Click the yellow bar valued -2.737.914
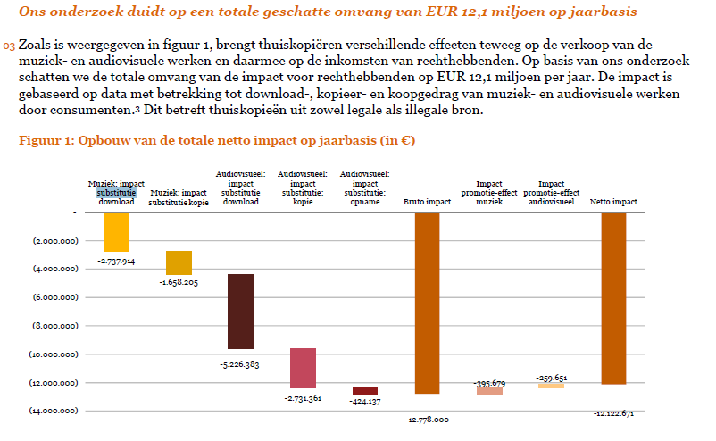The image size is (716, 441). coord(116,232)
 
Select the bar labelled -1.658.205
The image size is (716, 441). coord(179,262)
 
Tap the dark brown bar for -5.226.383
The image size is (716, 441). coord(240,311)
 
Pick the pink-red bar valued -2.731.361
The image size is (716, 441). coord(303,368)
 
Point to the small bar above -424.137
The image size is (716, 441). coord(365,391)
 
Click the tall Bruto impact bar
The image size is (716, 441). coord(427,304)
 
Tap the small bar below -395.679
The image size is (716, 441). coord(489,391)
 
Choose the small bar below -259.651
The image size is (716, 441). coord(551,386)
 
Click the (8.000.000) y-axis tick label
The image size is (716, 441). coord(54,326)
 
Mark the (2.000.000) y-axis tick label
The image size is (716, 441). coord(54,241)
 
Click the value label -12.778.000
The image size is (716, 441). coord(427,419)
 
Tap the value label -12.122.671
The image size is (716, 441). coord(613,413)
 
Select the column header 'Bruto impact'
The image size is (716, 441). coord(427,202)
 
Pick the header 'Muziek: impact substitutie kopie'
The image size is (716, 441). coord(179,197)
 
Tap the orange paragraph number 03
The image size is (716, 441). coord(9,46)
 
